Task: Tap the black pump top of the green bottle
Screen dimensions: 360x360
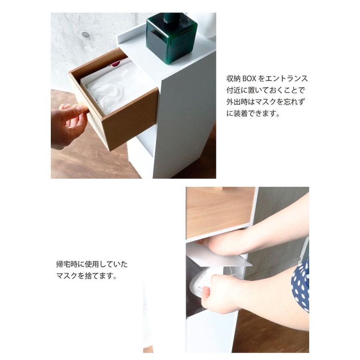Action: tap(172, 18)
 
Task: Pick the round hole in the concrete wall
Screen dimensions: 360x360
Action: tap(86, 35)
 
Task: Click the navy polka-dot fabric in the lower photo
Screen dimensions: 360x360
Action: tap(301, 284)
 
